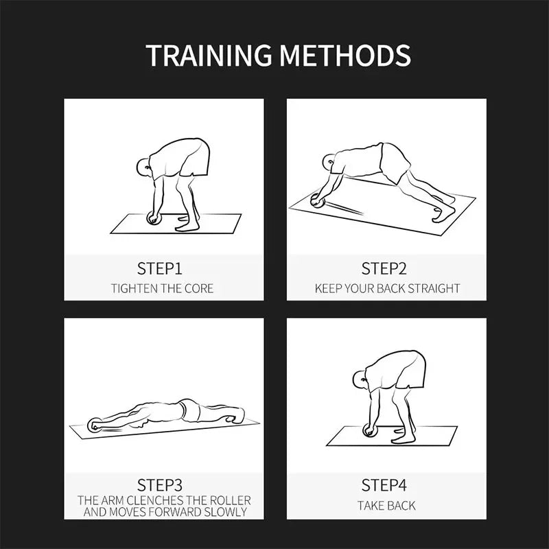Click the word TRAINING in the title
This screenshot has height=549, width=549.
[209, 55]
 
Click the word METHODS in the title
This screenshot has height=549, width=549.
[345, 55]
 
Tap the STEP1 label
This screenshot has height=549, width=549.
[160, 269]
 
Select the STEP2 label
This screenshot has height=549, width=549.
[384, 269]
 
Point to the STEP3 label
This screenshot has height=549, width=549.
[160, 485]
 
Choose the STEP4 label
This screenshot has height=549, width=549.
[384, 485]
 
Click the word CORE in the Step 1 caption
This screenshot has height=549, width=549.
[198, 288]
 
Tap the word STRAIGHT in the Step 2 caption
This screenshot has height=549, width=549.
[434, 288]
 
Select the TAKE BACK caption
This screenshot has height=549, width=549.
[386, 506]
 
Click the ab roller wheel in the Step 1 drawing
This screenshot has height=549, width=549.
[154, 218]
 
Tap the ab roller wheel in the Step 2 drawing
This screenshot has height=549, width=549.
[318, 201]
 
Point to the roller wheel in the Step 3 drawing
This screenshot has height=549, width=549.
[95, 425]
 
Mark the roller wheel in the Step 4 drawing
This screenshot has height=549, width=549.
[369, 430]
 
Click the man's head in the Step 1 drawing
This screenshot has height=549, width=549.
[143, 167]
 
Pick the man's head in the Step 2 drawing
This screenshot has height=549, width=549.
[329, 163]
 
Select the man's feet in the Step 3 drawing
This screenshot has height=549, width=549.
[235, 415]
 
